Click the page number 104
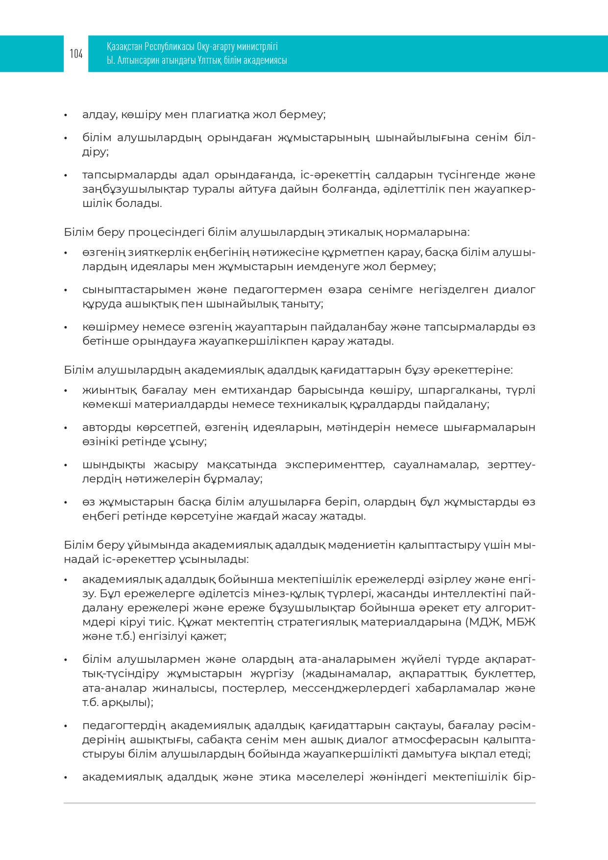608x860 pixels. coord(76,53)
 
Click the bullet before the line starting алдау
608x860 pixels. coord(66,115)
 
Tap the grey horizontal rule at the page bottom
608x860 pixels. coord(299,803)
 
